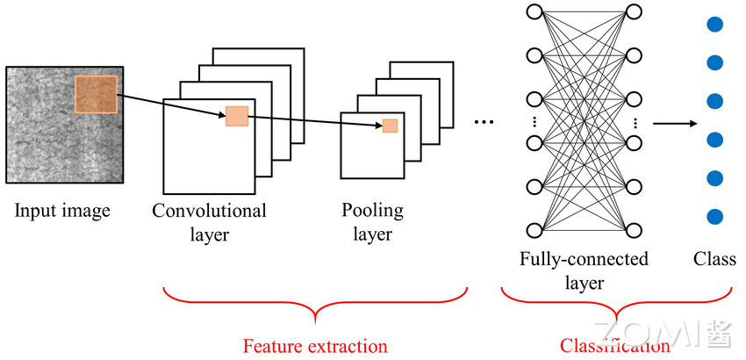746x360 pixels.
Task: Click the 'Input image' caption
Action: (x=61, y=211)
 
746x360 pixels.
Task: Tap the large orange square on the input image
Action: (x=96, y=95)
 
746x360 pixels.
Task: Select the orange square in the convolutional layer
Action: (x=237, y=116)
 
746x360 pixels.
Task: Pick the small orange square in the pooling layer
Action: (x=390, y=126)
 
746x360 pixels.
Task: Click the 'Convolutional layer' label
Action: (x=209, y=222)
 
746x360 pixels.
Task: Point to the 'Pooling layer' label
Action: (x=373, y=222)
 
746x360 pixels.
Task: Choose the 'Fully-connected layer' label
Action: (x=584, y=270)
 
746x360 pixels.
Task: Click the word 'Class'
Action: (x=714, y=259)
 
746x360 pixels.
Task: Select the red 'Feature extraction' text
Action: (x=314, y=346)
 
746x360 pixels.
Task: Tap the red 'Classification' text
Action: (x=614, y=346)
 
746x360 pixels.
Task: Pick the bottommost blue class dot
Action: (x=714, y=216)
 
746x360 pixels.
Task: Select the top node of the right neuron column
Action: (x=634, y=12)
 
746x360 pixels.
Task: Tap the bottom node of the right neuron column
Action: (x=634, y=231)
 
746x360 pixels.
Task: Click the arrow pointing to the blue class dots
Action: (x=671, y=122)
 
